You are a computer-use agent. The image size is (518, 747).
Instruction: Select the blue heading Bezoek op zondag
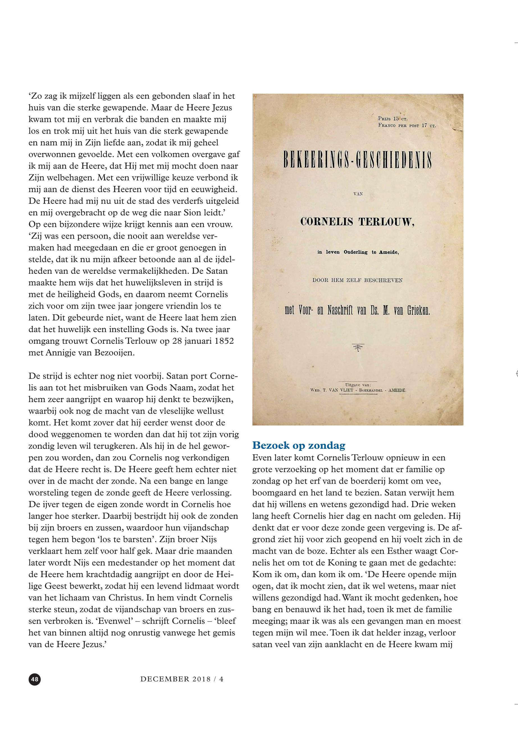point(299,445)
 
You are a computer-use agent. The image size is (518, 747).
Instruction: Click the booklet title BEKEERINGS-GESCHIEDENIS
point(358,160)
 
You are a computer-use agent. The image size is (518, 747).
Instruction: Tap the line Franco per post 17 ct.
point(407,125)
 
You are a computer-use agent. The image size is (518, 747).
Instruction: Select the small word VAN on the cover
point(358,194)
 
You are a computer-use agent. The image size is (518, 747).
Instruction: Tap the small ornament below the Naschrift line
point(358,348)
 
